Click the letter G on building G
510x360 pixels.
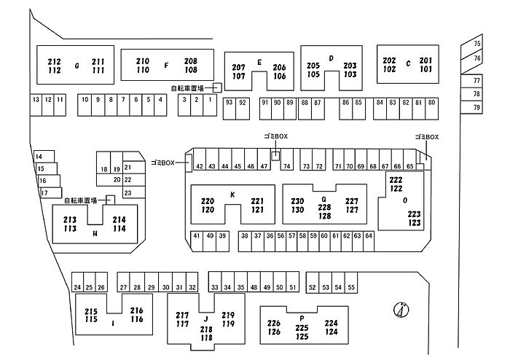click(x=76, y=66)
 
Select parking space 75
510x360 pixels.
click(x=477, y=44)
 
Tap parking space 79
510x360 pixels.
click(x=477, y=108)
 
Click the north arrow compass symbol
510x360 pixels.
click(x=400, y=310)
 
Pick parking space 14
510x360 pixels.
click(x=39, y=157)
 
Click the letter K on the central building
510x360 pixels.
click(x=232, y=194)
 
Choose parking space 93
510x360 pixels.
click(x=229, y=103)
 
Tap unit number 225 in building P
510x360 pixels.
click(x=302, y=328)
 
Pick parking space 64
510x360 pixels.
click(x=369, y=236)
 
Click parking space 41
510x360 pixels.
click(x=197, y=236)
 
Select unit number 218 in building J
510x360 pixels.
click(x=206, y=329)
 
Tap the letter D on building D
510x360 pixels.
click(x=331, y=58)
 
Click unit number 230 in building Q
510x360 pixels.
click(x=297, y=201)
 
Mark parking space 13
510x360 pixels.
click(x=35, y=99)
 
